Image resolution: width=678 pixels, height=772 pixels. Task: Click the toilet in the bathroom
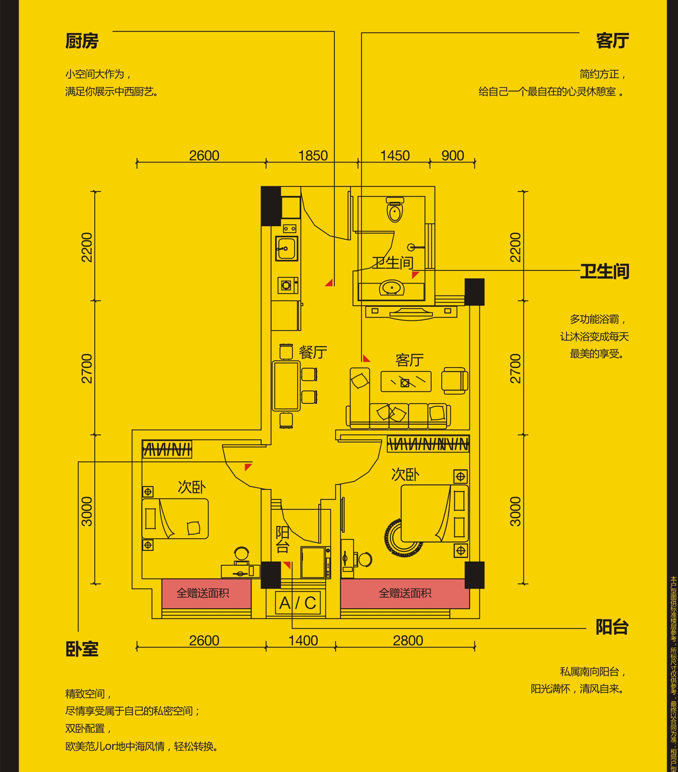point(395,210)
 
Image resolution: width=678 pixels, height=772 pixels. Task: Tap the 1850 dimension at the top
point(313,156)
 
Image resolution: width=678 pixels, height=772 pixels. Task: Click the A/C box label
point(298,603)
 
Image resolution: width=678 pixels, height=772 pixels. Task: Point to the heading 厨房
point(82,41)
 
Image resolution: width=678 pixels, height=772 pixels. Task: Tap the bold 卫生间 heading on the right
point(604,272)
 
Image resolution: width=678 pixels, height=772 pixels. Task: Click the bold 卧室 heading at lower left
point(82,649)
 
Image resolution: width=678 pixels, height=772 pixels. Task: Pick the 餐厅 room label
point(313,352)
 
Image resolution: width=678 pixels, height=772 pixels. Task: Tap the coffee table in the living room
point(406,381)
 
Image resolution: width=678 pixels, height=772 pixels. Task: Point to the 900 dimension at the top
point(453,156)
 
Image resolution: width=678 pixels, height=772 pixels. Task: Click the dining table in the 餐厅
point(286,386)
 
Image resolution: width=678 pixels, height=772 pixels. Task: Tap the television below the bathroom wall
point(411,313)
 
